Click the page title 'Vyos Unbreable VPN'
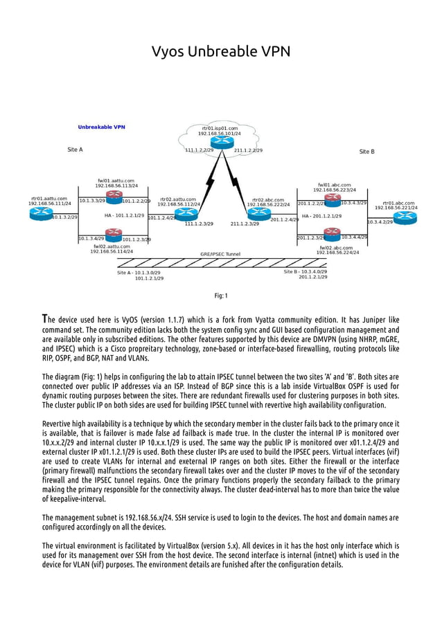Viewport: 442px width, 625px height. coord(220,52)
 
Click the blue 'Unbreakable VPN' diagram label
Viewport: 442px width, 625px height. coord(101,127)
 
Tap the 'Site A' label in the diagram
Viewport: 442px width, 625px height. coord(75,150)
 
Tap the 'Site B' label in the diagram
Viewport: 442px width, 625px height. coord(366,151)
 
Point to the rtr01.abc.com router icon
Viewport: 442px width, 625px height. coord(404,217)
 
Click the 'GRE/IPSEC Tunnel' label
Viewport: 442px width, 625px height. coord(220,254)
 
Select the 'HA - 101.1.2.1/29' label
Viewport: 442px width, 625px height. coord(125,215)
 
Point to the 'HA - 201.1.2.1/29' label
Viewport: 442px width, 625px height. coord(321,216)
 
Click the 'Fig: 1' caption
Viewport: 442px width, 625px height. coord(220,296)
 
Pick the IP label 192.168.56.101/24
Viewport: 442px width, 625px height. coord(220,133)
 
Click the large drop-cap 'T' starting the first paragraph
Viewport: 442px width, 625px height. coord(45,319)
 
